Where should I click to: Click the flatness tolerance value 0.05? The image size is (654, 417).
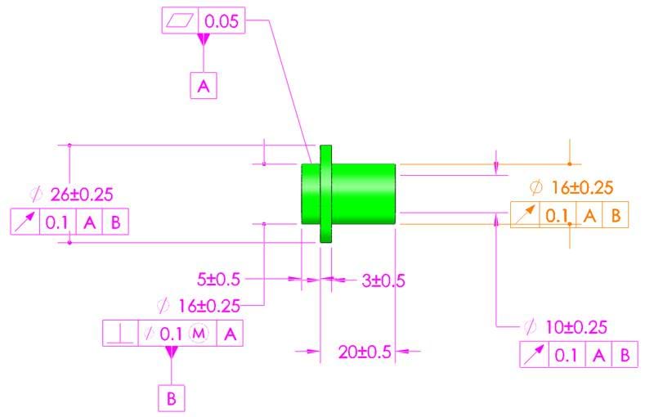(x=222, y=21)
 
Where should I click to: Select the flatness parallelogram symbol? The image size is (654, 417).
(x=180, y=20)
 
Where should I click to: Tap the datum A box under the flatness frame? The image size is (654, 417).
(x=204, y=86)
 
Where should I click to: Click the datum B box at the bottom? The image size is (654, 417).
(x=172, y=398)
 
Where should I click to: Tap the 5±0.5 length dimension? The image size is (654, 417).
(x=218, y=280)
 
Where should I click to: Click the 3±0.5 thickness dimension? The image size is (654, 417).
(x=383, y=280)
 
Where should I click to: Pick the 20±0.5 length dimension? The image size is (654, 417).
(x=365, y=352)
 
